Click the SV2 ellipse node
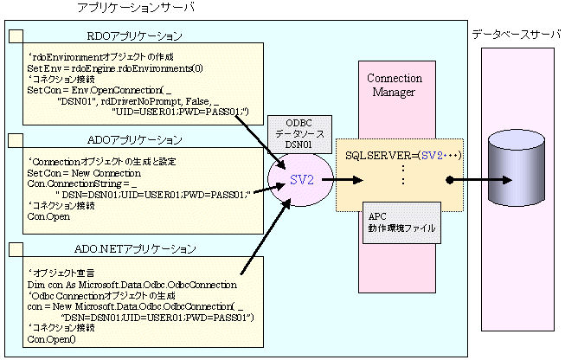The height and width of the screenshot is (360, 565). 302,180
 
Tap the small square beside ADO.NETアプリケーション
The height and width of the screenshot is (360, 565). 16,249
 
